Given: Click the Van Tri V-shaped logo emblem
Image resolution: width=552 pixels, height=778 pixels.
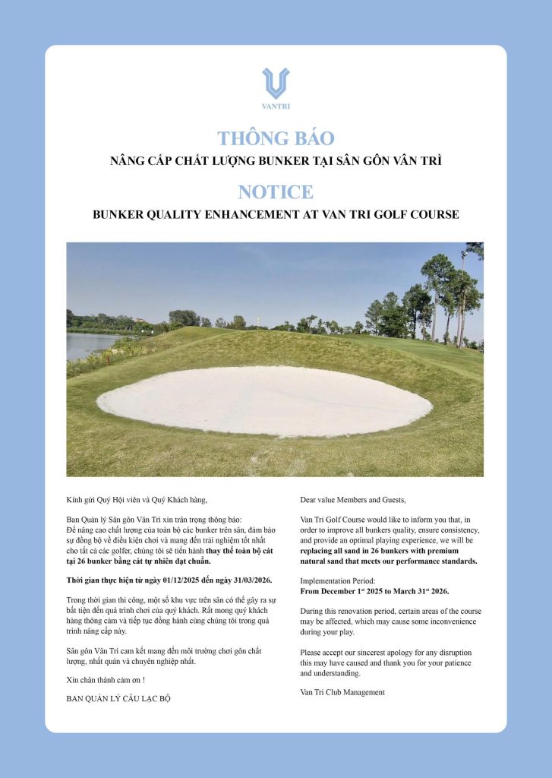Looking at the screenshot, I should [276, 82].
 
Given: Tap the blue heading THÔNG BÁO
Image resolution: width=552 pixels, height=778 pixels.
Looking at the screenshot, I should [276, 138].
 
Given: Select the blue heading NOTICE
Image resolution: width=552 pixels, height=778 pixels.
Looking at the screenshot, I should [276, 191].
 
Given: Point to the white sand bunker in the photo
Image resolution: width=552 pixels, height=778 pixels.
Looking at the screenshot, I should [266, 400].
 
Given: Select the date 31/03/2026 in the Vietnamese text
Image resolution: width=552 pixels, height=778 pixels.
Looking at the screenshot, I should [247, 580].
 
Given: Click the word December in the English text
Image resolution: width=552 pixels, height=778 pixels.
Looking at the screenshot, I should [337, 590].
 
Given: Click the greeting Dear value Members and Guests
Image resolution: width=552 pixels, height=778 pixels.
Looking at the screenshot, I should [353, 499].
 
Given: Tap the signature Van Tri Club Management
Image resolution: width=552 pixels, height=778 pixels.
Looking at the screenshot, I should [342, 692].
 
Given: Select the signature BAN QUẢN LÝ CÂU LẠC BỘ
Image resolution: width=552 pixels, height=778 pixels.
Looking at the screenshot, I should [118, 698].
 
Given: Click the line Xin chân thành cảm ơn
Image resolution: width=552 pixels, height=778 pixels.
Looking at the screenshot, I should [105, 679].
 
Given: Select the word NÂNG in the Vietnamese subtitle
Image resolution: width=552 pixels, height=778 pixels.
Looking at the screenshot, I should [128, 161].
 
